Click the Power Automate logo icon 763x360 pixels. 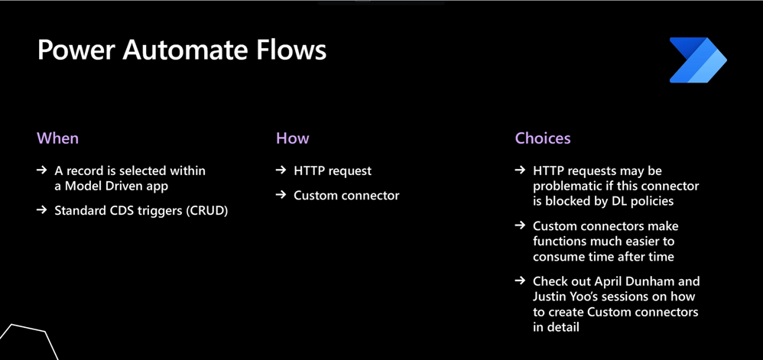pos(698,60)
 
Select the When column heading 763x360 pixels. pos(57,138)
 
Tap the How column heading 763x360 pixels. pos(293,138)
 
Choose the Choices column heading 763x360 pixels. pos(543,138)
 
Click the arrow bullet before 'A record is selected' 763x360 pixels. pos(42,170)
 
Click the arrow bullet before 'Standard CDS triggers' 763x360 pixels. pos(42,211)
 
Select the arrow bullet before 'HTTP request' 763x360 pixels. pos(281,170)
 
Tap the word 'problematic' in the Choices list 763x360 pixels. pos(565,186)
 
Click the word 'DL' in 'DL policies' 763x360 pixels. pos(617,201)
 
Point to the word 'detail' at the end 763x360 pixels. pos(563,327)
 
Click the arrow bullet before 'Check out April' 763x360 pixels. pos(520,281)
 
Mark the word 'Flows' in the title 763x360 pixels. pos(298,50)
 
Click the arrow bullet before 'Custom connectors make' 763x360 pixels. pos(520,225)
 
